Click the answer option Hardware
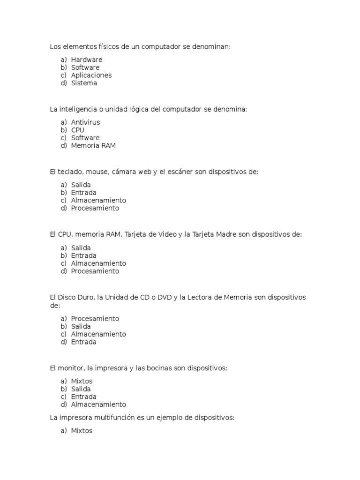click(x=86, y=60)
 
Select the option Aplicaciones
click(x=91, y=75)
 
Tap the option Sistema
click(x=84, y=83)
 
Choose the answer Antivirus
click(x=85, y=122)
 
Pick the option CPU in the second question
click(x=78, y=130)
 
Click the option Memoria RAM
click(x=93, y=146)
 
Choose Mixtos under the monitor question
click(x=82, y=381)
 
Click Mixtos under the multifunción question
click(x=82, y=430)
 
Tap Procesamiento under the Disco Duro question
click(x=95, y=319)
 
